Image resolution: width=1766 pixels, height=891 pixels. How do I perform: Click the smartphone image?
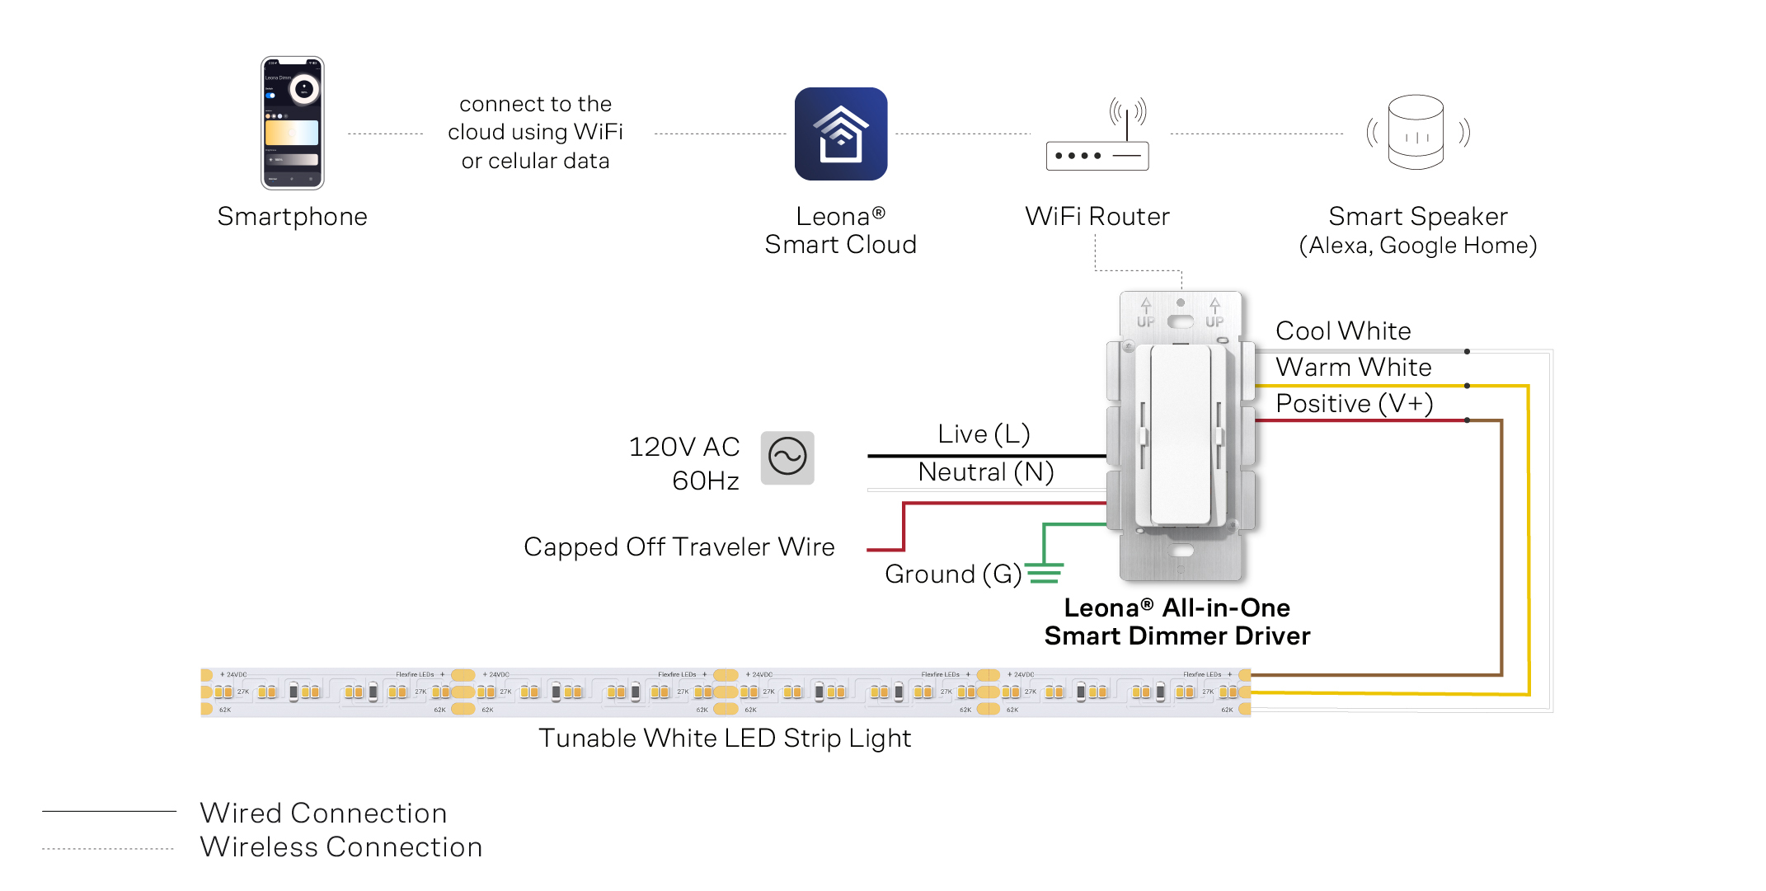(292, 123)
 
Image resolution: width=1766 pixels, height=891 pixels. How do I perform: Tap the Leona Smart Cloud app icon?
(840, 134)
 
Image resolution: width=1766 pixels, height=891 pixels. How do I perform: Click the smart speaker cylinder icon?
(1416, 132)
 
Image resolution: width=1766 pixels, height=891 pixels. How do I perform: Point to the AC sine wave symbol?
(787, 457)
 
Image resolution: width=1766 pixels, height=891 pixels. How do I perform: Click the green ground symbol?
(1044, 572)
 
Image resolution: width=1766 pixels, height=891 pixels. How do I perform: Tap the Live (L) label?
(984, 434)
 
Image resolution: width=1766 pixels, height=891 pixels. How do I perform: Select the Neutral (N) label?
(986, 472)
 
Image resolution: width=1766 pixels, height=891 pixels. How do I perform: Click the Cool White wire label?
(1343, 331)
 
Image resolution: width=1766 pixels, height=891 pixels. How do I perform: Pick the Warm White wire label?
(1353, 368)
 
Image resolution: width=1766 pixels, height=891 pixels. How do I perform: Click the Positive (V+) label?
(1354, 404)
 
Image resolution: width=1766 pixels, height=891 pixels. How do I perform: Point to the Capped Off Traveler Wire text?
(679, 547)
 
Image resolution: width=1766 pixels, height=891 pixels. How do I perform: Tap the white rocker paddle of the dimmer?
(1181, 434)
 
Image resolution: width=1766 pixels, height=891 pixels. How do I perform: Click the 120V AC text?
(683, 447)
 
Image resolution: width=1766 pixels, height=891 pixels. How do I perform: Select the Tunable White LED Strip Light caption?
(725, 739)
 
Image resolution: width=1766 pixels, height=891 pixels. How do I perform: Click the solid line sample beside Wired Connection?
(109, 812)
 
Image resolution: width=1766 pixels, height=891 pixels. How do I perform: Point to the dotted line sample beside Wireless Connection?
(109, 848)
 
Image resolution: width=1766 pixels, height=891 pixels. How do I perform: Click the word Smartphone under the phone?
(292, 217)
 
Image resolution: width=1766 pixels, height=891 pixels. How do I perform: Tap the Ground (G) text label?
(952, 574)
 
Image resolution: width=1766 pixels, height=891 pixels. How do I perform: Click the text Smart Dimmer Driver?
(1177, 636)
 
